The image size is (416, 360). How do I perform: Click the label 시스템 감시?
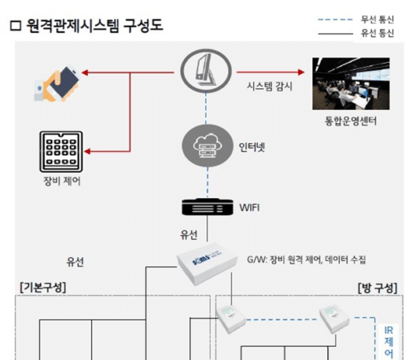[269, 86]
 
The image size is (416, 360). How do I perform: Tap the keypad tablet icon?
[60, 151]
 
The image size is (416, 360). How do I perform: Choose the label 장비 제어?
[60, 182]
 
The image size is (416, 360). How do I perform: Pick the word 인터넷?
[250, 146]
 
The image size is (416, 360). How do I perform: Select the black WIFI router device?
[206, 207]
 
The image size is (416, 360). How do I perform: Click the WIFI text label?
[249, 207]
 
